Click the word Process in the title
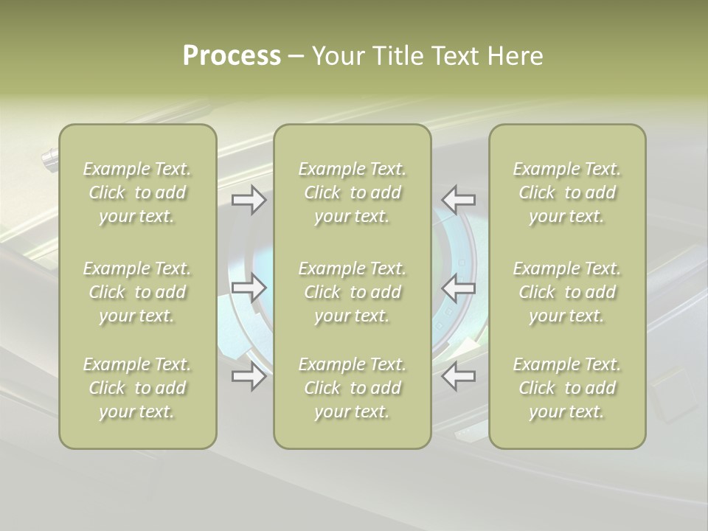pos(232,55)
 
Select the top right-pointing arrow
pos(249,199)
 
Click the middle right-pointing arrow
pos(249,288)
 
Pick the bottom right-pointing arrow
pos(249,376)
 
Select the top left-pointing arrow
pos(459,199)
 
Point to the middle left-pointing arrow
pos(459,288)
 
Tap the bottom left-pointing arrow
pos(459,376)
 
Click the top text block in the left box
pos(137,192)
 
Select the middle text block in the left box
pos(137,292)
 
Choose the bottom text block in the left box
pos(137,388)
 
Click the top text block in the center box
pos(353,192)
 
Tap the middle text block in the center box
pos(353,292)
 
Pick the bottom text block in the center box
pos(353,388)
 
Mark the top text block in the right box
pos(567,192)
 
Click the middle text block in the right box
pos(567,292)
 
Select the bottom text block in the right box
pos(567,388)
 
